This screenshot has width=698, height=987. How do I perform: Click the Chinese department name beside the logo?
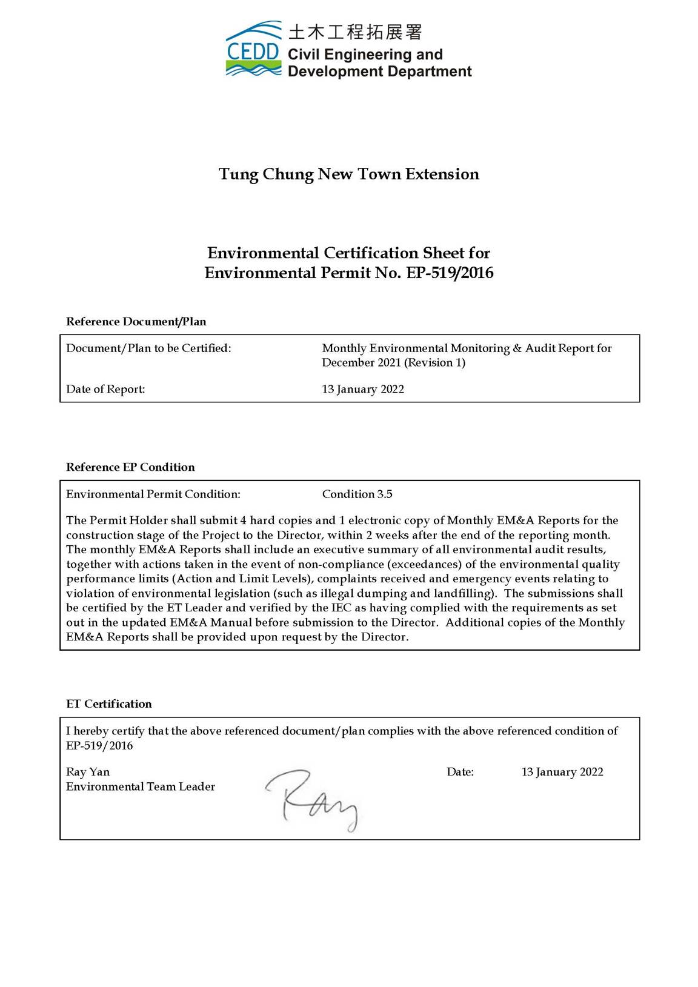tap(355, 32)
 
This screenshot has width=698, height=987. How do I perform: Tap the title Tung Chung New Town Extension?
tap(349, 174)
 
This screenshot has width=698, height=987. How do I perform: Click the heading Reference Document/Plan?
tap(136, 322)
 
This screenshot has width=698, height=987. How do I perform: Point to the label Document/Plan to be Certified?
tap(148, 348)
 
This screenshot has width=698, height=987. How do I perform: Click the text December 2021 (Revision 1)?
tap(393, 363)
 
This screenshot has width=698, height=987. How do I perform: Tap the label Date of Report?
tap(105, 390)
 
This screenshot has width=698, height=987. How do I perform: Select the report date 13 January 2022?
tap(363, 390)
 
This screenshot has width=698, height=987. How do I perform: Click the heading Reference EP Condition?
tap(130, 467)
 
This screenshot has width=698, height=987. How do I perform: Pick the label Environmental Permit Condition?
tap(153, 494)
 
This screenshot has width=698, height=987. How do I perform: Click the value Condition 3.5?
tap(357, 494)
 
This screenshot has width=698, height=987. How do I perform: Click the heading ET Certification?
tap(109, 704)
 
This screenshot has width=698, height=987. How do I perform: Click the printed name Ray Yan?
tap(88, 772)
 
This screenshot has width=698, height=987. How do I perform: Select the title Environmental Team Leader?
tap(141, 787)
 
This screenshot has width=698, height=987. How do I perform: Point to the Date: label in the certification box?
tap(460, 772)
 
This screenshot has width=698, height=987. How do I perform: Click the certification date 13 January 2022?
tap(562, 772)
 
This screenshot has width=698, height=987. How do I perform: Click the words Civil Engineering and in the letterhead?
tap(365, 55)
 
